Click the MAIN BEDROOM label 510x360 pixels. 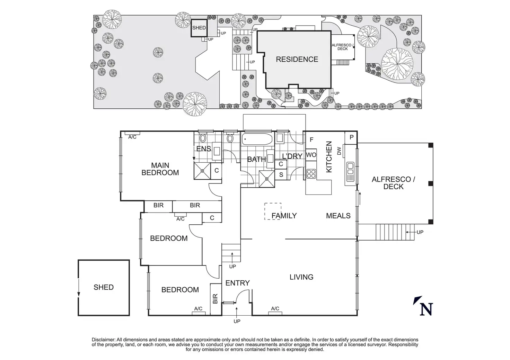click(160, 169)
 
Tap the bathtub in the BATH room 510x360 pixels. click(257, 139)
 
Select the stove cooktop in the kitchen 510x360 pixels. click(311, 173)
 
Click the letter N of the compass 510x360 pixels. click(426, 309)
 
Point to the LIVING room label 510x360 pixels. click(301, 277)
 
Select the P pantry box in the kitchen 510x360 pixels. click(351, 137)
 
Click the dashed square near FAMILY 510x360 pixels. click(273, 211)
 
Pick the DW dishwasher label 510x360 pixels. click(339, 151)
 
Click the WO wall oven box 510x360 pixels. click(311, 155)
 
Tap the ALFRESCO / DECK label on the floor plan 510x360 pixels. click(393, 183)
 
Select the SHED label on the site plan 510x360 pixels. click(199, 28)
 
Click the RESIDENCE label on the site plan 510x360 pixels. click(297, 59)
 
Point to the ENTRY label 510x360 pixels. click(237, 283)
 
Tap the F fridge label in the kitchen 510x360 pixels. click(311, 139)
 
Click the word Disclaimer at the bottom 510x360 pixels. click(103, 340)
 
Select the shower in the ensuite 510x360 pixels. click(202, 171)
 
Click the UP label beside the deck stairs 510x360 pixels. click(420, 232)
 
